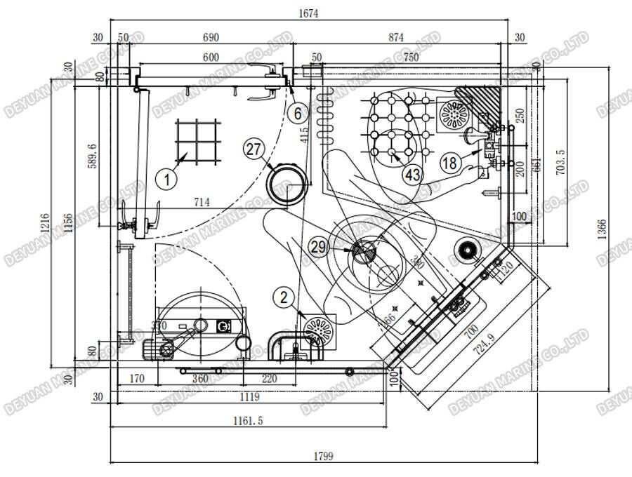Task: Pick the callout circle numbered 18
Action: pos(451,163)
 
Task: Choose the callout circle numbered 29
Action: pos(319,246)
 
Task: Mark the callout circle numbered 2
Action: pos(284,297)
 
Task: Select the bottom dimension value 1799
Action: pos(323,456)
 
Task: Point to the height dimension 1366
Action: pos(603,228)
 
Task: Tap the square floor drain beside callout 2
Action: pos(320,330)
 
